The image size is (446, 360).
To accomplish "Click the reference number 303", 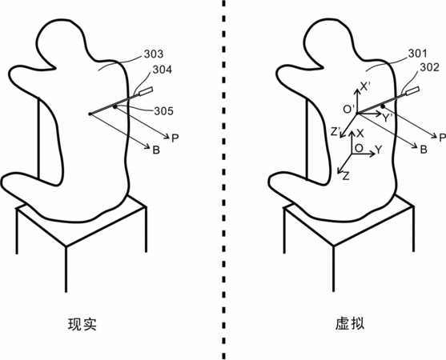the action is pos(154,54).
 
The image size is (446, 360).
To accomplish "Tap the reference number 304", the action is pos(162,70).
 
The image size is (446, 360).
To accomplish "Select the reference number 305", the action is pos(164,111).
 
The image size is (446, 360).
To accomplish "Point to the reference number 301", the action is pos(418,54).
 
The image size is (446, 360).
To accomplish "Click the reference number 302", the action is pos(429,67).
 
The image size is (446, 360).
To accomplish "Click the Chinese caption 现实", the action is pos(82,324).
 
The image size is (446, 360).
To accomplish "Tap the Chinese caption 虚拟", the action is pos(350,324).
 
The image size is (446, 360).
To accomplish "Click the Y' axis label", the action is pos(388,118).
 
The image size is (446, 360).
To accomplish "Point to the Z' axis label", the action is pos(336,131).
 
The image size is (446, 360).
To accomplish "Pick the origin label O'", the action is pos(349,109).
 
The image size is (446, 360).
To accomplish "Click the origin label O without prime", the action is pos(359,148).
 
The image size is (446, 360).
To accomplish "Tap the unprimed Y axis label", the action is pos(378,149).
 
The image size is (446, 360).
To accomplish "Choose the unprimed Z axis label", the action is pos(346,177).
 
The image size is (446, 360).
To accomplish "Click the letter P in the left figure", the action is pos(175,138).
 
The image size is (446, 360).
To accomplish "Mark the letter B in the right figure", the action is pos(424,150).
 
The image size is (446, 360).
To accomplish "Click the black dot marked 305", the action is pos(115,107).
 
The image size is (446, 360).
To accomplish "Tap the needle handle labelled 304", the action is pos(146,91).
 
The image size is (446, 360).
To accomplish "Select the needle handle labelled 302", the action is pos(412,91).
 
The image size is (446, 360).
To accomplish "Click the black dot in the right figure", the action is pos(383,106).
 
